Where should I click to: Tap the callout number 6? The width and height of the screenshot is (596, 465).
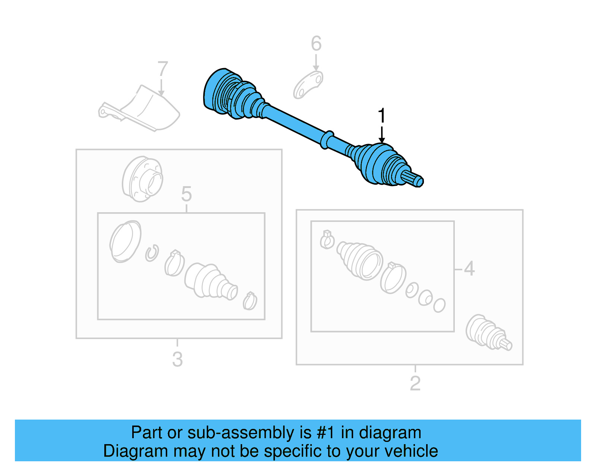click(316, 44)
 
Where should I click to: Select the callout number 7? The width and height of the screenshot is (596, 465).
click(162, 69)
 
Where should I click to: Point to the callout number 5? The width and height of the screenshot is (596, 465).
click(186, 194)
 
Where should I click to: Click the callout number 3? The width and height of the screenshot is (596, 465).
click(177, 359)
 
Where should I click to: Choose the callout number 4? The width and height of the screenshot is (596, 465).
click(469, 268)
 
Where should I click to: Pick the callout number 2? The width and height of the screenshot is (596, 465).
click(415, 383)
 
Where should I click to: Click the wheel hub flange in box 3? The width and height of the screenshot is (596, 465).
click(142, 179)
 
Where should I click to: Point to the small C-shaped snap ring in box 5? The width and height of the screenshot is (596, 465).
click(152, 253)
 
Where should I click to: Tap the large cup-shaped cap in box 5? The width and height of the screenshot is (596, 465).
click(125, 241)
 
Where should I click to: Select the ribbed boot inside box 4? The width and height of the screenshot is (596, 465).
click(359, 259)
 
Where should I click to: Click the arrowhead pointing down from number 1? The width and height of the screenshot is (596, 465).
click(381, 140)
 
